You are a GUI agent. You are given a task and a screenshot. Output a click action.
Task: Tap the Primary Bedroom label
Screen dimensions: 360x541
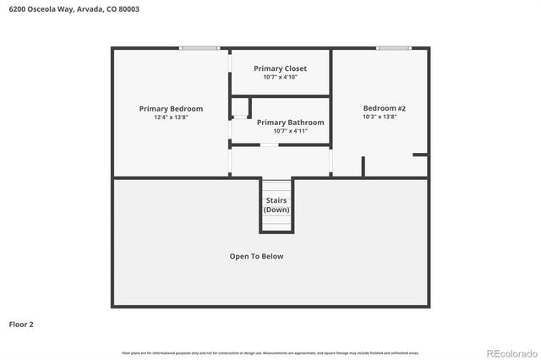click(171, 108)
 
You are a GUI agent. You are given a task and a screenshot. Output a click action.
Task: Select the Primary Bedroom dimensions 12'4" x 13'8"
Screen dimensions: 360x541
click(171, 117)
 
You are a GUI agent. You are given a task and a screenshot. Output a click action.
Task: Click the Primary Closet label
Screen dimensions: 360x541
click(280, 68)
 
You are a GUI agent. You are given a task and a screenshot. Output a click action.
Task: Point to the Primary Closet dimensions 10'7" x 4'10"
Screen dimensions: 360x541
click(280, 77)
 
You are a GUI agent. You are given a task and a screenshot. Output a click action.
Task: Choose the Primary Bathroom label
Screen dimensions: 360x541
click(290, 123)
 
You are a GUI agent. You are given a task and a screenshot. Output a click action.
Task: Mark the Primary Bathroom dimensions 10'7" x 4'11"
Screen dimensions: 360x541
click(290, 131)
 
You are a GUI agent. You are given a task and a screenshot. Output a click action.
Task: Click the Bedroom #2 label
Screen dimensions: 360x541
click(385, 108)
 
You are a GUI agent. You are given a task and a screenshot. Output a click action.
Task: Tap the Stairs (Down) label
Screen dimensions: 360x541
click(276, 205)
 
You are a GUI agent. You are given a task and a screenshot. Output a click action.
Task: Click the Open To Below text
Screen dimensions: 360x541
click(256, 256)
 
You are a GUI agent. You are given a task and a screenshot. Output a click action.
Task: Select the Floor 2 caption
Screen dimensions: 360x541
click(21, 324)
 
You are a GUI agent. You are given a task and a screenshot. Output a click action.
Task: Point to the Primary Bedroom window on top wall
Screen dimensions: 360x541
click(199, 48)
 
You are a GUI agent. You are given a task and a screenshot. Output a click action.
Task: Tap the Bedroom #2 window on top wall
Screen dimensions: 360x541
click(394, 48)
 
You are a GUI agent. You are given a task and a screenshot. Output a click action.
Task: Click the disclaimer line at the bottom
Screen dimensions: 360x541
click(270, 352)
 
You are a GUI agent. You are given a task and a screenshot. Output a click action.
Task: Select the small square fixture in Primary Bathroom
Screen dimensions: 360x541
click(240, 107)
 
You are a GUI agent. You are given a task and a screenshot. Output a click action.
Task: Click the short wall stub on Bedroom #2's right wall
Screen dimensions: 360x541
click(420, 155)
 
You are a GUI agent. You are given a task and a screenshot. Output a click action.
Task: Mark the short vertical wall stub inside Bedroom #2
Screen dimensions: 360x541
click(363, 166)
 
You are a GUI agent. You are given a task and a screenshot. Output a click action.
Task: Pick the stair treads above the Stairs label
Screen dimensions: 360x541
click(276, 188)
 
